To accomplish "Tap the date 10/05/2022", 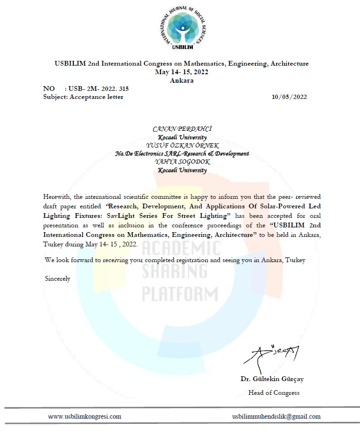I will click(289, 97).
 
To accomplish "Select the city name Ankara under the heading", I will click(181, 80).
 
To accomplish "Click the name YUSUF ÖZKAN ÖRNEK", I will click(182, 146).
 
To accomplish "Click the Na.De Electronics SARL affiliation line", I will click(182, 154).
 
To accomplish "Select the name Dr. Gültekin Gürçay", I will click(272, 379).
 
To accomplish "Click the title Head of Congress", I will click(274, 392).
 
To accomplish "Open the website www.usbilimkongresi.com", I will click(85, 416).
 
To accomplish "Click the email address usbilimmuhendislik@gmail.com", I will click(276, 416).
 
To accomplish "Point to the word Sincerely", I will click(58, 279).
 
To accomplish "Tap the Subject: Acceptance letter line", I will click(83, 97).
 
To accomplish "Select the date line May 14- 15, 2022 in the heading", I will click(181, 72).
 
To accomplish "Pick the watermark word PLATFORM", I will click(180, 292).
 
